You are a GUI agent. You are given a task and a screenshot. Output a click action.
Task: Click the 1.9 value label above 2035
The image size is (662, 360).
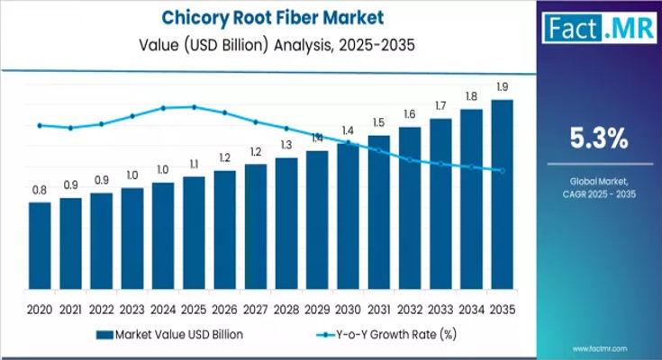502,87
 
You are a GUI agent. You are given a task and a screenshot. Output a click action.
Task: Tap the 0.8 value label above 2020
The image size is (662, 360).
40,190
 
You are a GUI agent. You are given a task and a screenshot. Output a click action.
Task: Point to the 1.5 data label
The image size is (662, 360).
378,123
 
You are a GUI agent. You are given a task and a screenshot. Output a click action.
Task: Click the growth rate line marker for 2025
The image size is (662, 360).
194,107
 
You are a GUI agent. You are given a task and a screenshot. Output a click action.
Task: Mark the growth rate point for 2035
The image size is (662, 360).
502,171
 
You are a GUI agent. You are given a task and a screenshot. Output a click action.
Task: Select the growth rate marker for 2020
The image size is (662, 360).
40,125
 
